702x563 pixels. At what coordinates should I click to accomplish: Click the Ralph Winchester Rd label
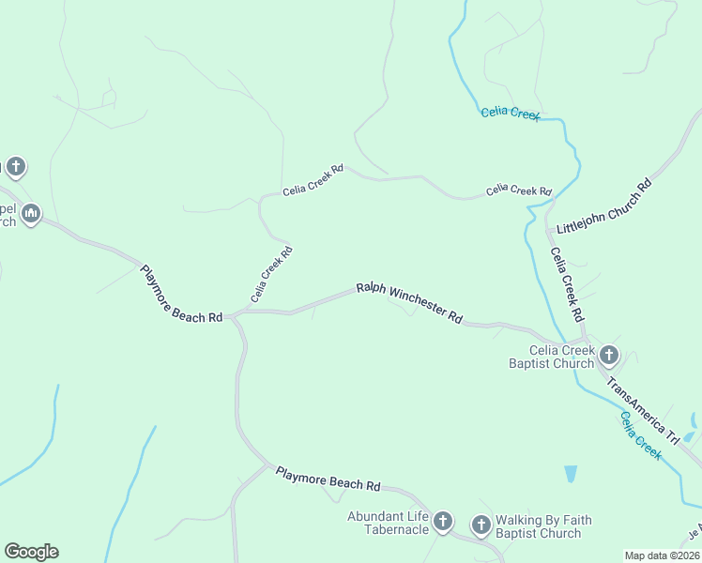click(x=409, y=303)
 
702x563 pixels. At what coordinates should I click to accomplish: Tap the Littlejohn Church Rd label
click(x=603, y=208)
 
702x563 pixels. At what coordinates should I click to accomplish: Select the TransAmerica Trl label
click(x=643, y=410)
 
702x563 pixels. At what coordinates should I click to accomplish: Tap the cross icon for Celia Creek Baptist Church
click(x=608, y=355)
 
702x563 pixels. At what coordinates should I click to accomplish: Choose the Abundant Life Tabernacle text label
click(x=388, y=523)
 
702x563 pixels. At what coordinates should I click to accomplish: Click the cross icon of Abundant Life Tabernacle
click(x=442, y=521)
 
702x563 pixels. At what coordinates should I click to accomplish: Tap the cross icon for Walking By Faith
click(x=481, y=525)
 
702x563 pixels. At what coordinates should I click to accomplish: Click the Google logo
click(x=31, y=552)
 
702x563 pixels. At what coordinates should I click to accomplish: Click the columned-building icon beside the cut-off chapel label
click(x=31, y=215)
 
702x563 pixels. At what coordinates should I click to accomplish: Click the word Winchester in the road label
click(x=418, y=305)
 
